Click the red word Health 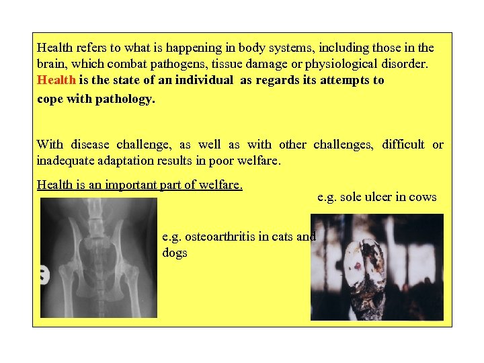point(56,81)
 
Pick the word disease point(89,145)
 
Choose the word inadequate point(66,161)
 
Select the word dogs point(175,253)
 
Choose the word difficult point(403,145)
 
